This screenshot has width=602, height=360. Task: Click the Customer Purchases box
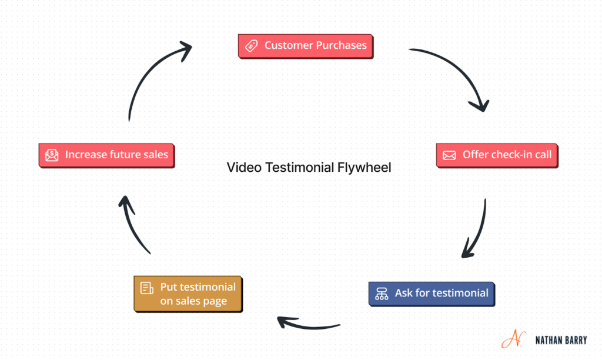pyautogui.click(x=305, y=46)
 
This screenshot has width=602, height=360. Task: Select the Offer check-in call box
pyautogui.click(x=497, y=155)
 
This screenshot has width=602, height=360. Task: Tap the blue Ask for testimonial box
pyautogui.click(x=432, y=293)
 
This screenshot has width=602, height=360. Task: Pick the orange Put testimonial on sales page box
pyautogui.click(x=188, y=294)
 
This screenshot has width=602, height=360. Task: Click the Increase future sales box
pyautogui.click(x=106, y=155)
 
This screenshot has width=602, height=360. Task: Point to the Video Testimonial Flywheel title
pyautogui.click(x=309, y=168)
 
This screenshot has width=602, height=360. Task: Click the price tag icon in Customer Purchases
pyautogui.click(x=252, y=46)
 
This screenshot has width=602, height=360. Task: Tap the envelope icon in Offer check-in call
pyautogui.click(x=449, y=155)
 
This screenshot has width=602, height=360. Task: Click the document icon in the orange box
pyautogui.click(x=146, y=288)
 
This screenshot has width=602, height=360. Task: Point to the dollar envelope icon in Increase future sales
pyautogui.click(x=52, y=155)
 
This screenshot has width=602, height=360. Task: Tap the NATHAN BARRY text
pyautogui.click(x=561, y=340)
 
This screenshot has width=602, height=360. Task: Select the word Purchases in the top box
pyautogui.click(x=341, y=46)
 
